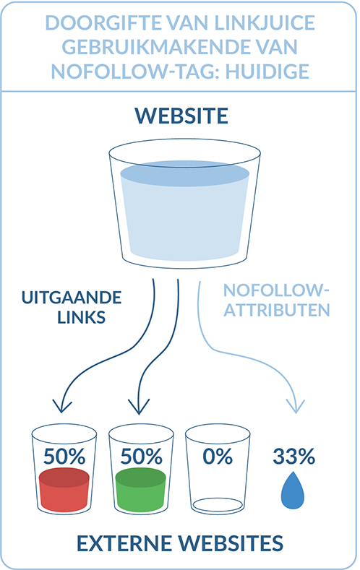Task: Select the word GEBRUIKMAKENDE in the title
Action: [147, 48]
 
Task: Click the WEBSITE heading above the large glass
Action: [180, 116]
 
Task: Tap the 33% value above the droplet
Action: [293, 456]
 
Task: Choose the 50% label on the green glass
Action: [141, 456]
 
